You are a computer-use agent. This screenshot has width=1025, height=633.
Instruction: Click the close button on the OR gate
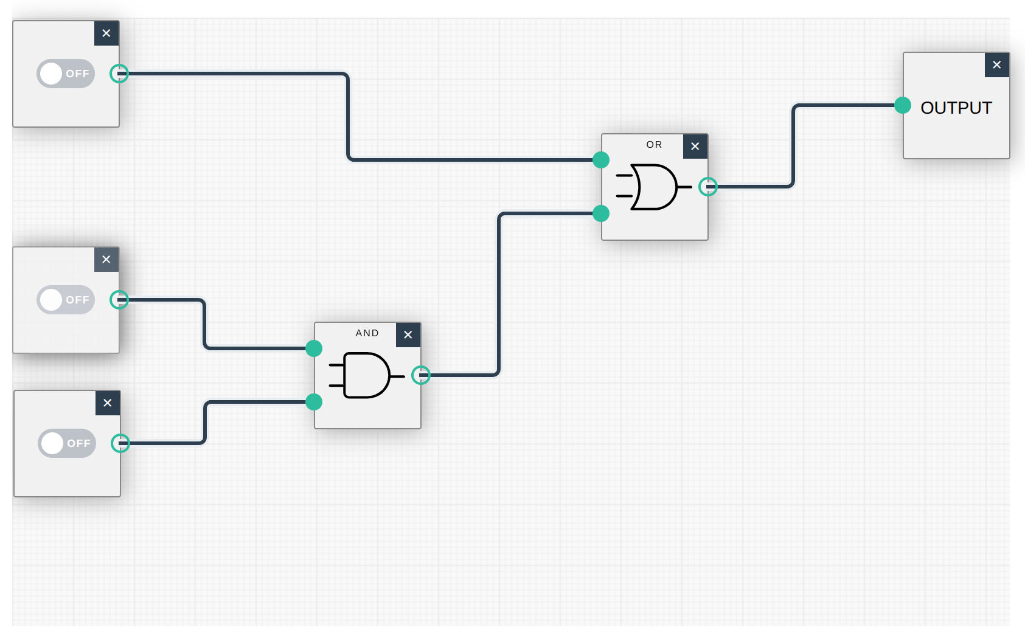[695, 147]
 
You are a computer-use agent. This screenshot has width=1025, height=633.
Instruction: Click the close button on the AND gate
[408, 335]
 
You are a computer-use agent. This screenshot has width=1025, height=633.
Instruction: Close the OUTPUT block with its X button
[997, 65]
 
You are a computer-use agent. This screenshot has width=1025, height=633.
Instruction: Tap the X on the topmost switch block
[106, 33]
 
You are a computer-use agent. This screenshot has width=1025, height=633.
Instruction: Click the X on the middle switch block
[106, 260]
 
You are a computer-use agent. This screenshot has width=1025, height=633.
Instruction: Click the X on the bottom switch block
[108, 403]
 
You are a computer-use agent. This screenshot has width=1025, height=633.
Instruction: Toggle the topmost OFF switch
[66, 74]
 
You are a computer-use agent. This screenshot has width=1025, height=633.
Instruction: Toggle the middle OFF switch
[66, 300]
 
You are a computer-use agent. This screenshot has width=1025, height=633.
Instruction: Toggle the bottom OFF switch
[67, 443]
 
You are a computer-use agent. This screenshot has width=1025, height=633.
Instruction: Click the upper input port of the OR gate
[601, 160]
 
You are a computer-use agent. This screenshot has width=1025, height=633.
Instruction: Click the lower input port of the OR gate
[601, 213]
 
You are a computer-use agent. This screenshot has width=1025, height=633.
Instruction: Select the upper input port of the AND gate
[314, 348]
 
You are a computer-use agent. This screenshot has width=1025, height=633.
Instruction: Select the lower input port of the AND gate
[314, 402]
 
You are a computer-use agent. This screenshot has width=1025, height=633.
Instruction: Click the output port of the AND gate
[421, 375]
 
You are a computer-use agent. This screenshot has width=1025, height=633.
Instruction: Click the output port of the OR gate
[708, 187]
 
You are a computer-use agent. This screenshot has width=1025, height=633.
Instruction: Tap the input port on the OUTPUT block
[903, 105]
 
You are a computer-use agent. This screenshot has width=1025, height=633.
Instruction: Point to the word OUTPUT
[956, 108]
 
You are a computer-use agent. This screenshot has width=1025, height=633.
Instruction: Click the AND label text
[367, 333]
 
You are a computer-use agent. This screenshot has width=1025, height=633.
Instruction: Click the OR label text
[654, 145]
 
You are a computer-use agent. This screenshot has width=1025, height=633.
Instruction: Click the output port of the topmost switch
[119, 74]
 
